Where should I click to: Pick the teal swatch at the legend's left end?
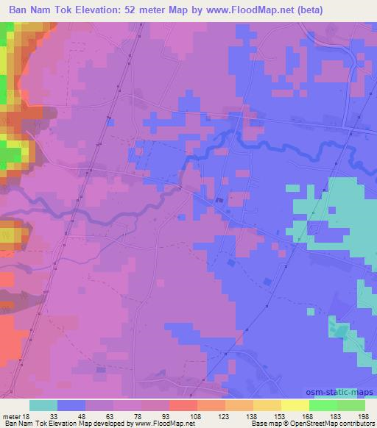[x=43, y=406]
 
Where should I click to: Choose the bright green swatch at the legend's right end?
[x=352, y=406]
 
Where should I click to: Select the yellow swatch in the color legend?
[x=296, y=406]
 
